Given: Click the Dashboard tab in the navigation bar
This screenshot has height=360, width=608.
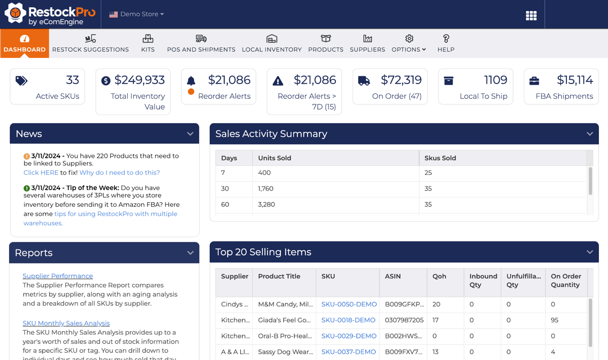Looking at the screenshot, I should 24,44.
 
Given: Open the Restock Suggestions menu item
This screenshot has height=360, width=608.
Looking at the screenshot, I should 90,44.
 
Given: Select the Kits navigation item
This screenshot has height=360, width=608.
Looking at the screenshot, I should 148,44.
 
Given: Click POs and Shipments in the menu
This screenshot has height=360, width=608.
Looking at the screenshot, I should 201,44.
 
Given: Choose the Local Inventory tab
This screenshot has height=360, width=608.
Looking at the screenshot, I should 272,44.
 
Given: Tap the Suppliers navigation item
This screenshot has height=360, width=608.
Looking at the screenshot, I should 367,44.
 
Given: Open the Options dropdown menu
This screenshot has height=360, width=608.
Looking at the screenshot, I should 409,44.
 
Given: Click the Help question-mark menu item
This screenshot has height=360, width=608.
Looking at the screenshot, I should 446,44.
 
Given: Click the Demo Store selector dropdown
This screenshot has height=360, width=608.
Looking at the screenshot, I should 137,14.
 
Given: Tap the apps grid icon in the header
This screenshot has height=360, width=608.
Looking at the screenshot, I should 531,16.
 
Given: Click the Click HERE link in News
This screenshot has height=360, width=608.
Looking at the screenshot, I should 41,173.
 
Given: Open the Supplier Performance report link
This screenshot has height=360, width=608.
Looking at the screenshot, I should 58,276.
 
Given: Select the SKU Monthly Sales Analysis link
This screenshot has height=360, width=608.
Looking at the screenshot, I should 66,323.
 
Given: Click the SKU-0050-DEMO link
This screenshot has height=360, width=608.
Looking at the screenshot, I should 349,305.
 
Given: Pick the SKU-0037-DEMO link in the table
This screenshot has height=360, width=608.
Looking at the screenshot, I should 349,352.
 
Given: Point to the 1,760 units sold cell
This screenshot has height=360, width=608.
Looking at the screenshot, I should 266,189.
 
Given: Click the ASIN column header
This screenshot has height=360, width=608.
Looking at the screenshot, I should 393,276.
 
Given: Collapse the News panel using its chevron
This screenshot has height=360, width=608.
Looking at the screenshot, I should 190,134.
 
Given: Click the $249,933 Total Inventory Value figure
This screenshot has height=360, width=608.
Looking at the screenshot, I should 139,80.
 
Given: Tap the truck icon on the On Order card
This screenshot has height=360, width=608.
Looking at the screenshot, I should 364,81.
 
